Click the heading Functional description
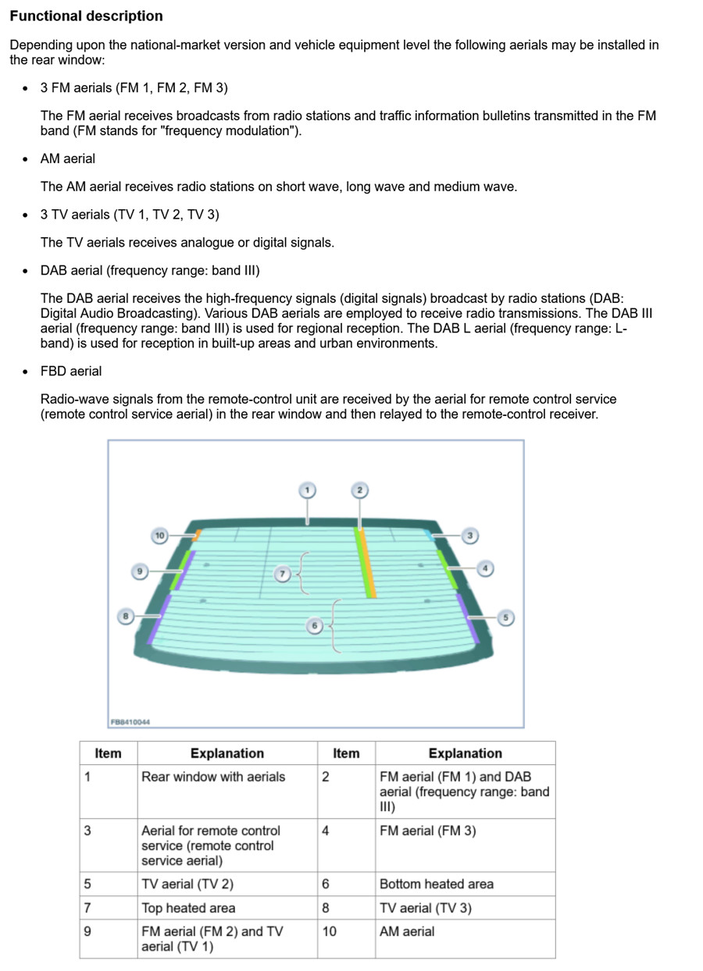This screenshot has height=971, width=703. coord(87,16)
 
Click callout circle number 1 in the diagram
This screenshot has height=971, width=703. coord(307,490)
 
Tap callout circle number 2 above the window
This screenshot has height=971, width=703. coord(359,490)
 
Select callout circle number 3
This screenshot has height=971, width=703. coord(469,535)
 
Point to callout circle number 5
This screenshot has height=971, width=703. coord(505,617)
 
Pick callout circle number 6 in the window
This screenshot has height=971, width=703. coord(315,626)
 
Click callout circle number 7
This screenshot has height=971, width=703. coord(283,574)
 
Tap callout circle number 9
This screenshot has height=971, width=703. coord(139,571)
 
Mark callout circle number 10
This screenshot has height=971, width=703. coord(159,535)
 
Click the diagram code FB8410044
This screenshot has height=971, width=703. coord(130,722)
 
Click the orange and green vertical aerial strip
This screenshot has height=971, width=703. coord(366,562)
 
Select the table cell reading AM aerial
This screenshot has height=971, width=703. coord(407,931)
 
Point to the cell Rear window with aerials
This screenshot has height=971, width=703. coord(213,777)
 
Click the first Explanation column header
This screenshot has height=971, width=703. coord(227,753)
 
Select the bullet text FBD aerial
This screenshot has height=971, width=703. coord(71,371)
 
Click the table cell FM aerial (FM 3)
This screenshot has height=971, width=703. coord(426,831)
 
